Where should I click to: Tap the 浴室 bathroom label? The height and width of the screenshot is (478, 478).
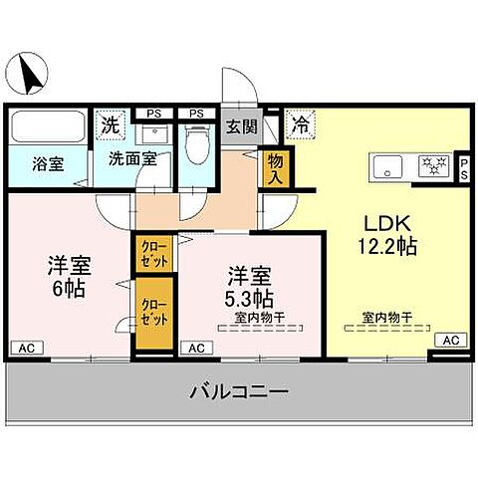[48, 164]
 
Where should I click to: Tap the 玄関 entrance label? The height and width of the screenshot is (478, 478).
[242, 126]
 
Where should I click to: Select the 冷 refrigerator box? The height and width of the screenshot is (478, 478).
[298, 125]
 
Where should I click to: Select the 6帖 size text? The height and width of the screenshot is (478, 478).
[69, 289]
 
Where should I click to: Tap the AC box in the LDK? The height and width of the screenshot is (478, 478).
[450, 340]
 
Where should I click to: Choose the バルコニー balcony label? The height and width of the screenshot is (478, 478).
[239, 393]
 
